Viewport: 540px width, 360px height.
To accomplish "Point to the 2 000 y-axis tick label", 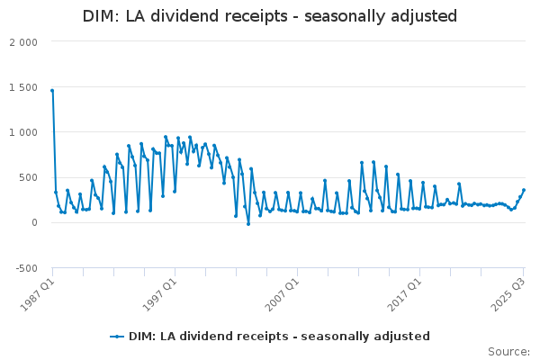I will click(23, 42).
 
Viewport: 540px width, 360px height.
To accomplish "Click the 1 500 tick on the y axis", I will click(23, 87).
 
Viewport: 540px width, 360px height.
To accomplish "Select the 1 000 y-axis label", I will click(23, 132).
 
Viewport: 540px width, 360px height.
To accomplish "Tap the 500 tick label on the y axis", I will click(28, 177).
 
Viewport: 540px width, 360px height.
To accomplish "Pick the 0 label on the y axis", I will click(34, 222).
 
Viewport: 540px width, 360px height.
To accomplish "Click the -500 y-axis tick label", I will click(26, 267).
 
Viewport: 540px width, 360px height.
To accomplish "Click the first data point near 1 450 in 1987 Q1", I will click(52, 91).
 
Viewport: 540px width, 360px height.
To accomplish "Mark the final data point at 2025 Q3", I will click(524, 190).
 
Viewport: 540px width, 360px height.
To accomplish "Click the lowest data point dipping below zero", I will click(248, 224).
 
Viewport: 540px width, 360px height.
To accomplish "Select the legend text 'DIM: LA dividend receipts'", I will click(279, 337).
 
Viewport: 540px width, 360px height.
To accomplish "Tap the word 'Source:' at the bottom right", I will click(508, 351).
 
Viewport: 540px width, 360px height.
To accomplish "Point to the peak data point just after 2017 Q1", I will click(423, 183).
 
